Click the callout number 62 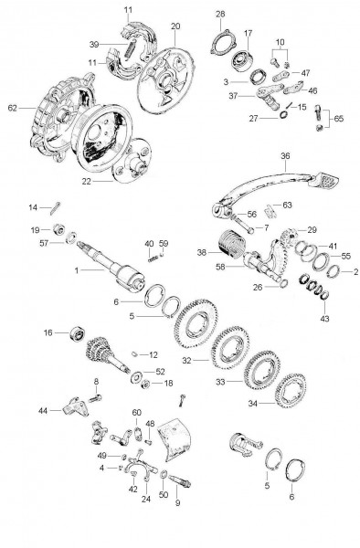[13, 108]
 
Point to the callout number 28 [220, 13]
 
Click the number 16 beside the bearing [48, 335]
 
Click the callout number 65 [340, 120]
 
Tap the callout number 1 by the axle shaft [77, 271]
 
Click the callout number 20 [175, 26]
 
